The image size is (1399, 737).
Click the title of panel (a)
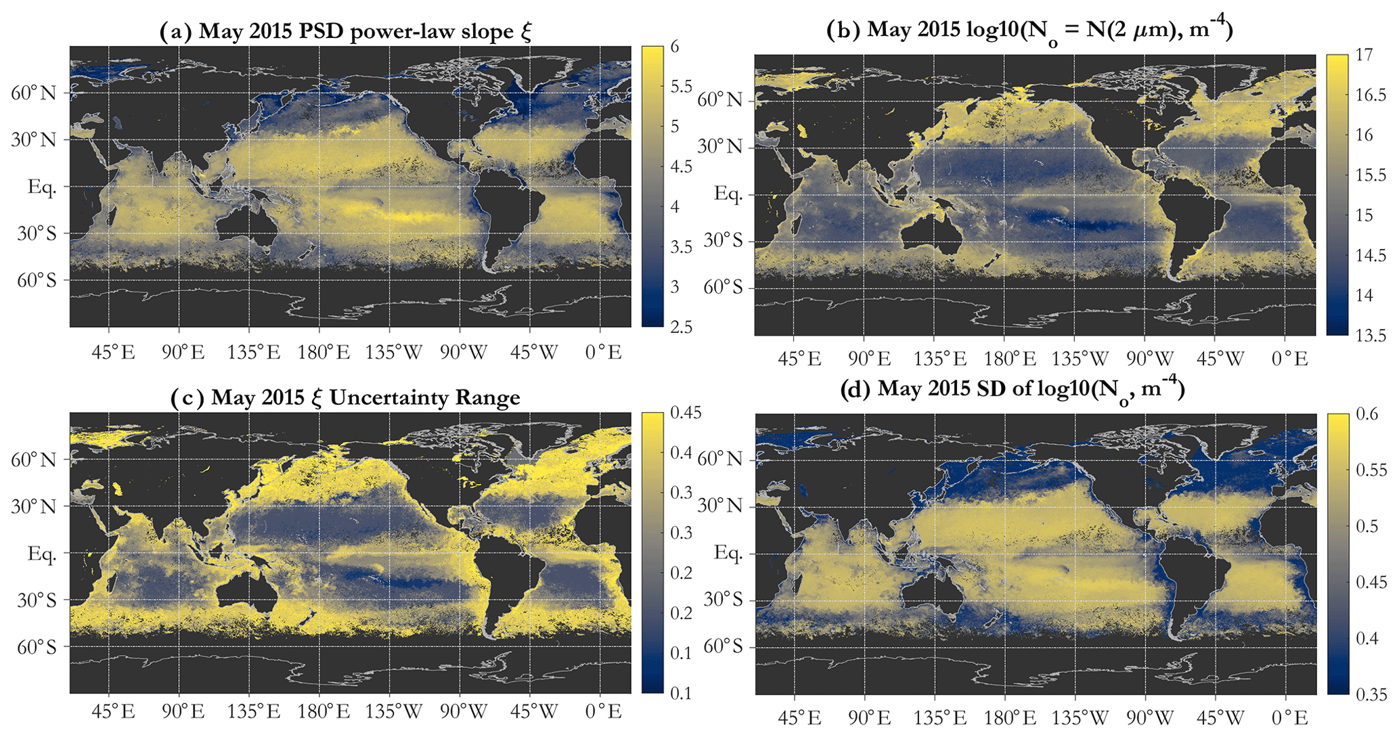coord(345,32)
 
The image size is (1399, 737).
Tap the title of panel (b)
coord(1029,30)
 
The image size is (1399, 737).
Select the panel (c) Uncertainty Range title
coord(345,397)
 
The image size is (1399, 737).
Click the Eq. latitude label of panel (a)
coord(42,187)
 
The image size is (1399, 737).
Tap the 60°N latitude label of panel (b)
coord(720,100)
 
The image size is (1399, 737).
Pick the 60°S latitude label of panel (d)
coord(722,646)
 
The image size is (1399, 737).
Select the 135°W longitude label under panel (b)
coord(1081,359)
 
